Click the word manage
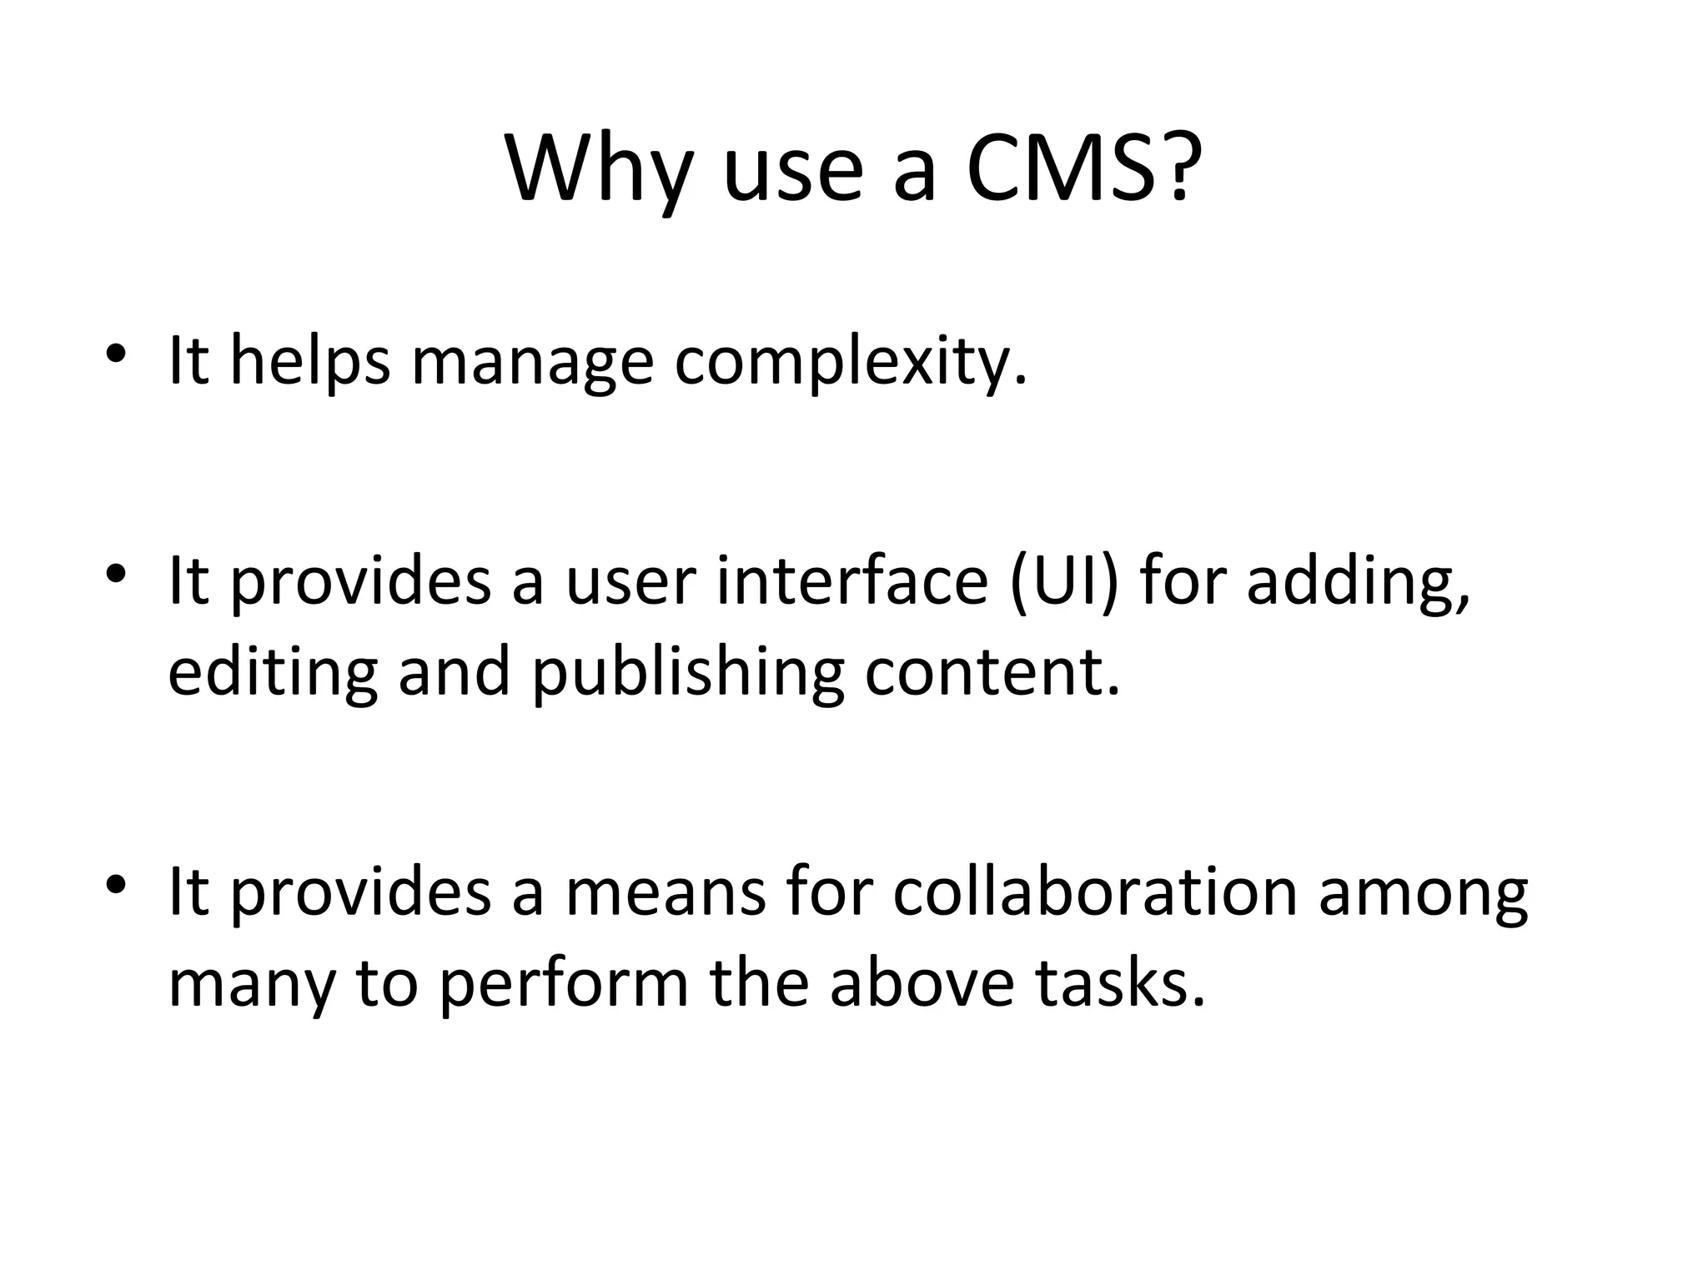click(x=532, y=361)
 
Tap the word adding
click(x=1358, y=580)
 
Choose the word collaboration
click(x=1095, y=890)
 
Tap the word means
click(x=665, y=891)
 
